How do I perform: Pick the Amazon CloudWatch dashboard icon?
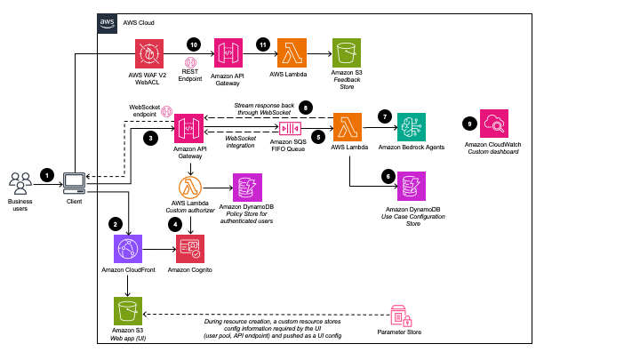coord(493,124)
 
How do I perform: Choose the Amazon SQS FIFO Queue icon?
coord(292,129)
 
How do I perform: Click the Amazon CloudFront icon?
coord(129,250)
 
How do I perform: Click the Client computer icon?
coord(74,183)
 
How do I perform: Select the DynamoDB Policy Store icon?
coord(246,187)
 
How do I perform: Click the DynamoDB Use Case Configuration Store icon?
coord(412,186)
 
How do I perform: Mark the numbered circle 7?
coord(384,116)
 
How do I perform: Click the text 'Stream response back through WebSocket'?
coord(265,108)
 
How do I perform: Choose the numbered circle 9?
coord(469,123)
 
